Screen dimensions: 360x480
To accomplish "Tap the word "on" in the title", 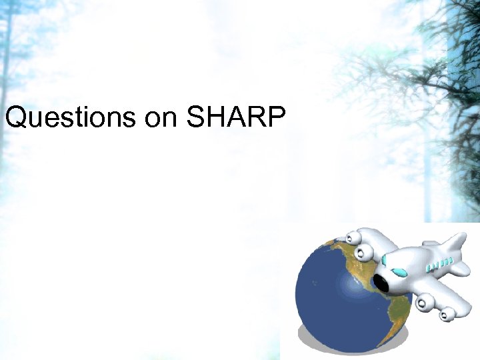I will coord(160,118).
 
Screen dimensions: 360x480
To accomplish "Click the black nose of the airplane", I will coord(382,283).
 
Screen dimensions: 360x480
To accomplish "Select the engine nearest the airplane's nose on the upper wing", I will coord(363,253).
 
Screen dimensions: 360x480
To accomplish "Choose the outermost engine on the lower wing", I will coord(447,311).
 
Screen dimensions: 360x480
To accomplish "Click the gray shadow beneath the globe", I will coord(313,347).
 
